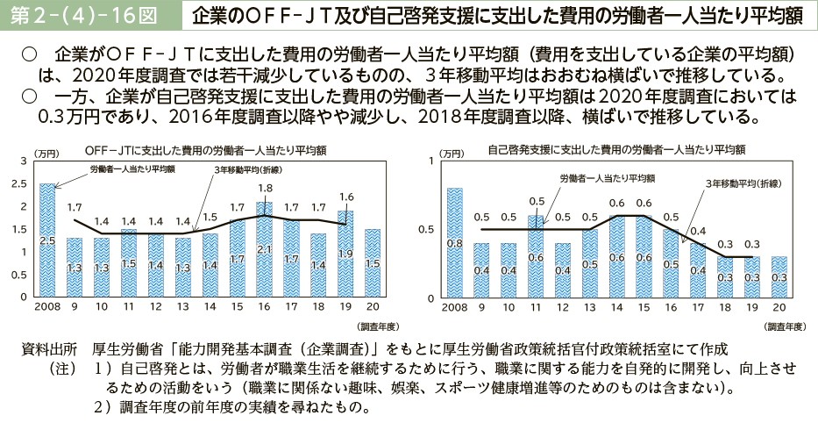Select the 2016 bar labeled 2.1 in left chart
(264, 250)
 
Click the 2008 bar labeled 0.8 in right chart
(454, 243)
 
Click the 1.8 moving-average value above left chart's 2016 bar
(265, 188)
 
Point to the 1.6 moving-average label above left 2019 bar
(345, 196)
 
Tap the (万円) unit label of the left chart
(46, 154)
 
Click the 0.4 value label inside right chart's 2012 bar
(563, 270)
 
